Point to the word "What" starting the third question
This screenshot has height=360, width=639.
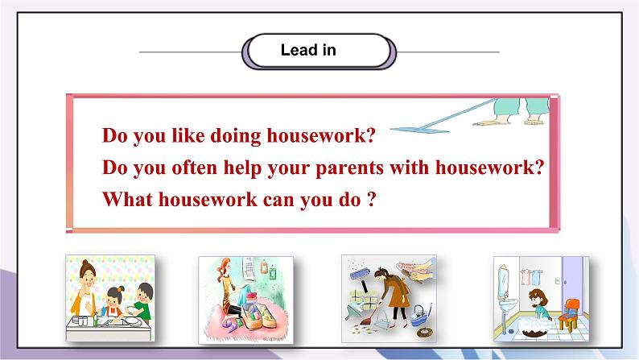125,199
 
